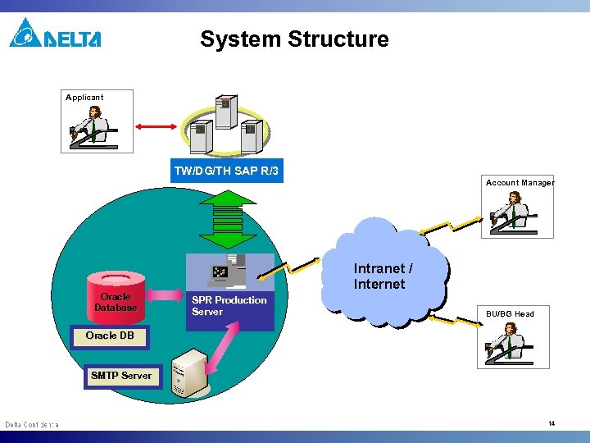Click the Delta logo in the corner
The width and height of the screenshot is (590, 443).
pyautogui.click(x=55, y=34)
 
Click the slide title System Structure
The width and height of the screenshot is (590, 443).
pyautogui.click(x=294, y=39)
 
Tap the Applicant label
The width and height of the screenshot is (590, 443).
pyautogui.click(x=84, y=97)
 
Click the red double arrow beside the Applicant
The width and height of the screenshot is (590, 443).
pyautogui.click(x=156, y=126)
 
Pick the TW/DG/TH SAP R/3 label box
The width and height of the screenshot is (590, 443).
pyautogui.click(x=226, y=171)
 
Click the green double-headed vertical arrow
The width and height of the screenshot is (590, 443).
pyautogui.click(x=228, y=218)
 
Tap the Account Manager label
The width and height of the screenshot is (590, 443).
pyautogui.click(x=520, y=182)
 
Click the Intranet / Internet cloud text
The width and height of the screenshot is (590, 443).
pyautogui.click(x=382, y=276)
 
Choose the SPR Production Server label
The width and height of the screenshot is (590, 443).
pyautogui.click(x=229, y=306)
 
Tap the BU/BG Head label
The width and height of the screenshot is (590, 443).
pyautogui.click(x=510, y=313)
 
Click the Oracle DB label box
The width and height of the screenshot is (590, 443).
pyautogui.click(x=109, y=336)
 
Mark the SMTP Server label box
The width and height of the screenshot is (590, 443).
pyautogui.click(x=121, y=376)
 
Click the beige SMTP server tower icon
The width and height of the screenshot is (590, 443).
pyautogui.click(x=191, y=373)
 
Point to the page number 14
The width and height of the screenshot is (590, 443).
pyautogui.click(x=551, y=423)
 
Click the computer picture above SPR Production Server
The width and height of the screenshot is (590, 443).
pyautogui.click(x=230, y=271)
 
